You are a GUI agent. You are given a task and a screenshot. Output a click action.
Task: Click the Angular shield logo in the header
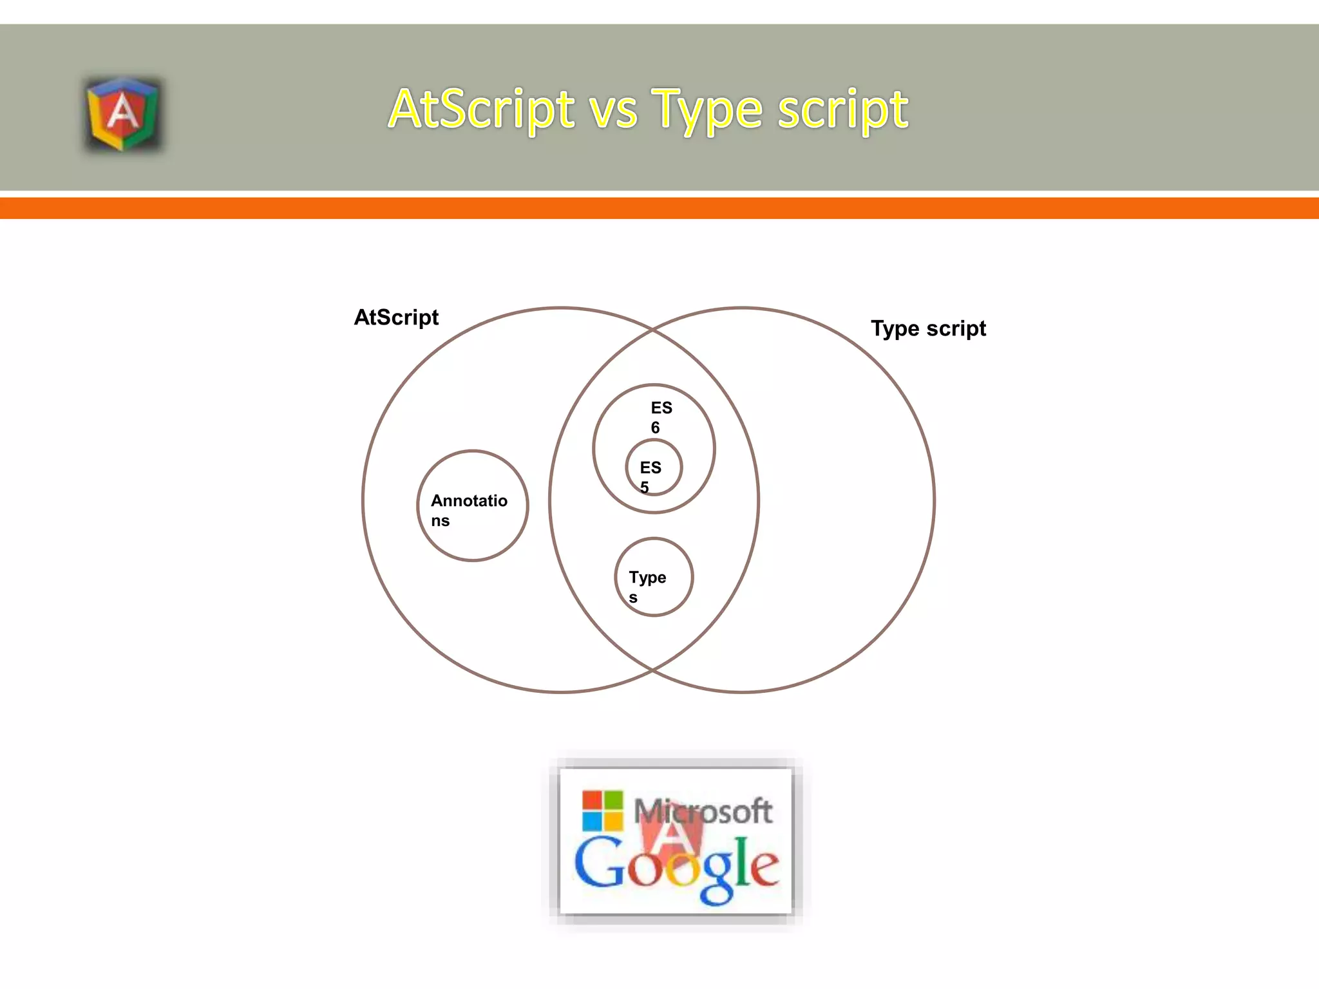[x=122, y=115]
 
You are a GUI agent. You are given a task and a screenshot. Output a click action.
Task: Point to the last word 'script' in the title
[x=843, y=109]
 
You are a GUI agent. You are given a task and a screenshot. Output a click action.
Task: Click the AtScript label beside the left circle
[x=396, y=317]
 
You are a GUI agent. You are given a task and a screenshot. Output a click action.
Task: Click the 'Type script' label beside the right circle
[x=928, y=328]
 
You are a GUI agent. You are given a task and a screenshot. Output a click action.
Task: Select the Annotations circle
[x=473, y=506]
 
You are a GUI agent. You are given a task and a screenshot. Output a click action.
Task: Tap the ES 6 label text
[x=660, y=417]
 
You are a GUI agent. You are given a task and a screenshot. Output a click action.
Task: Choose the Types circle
[x=654, y=577]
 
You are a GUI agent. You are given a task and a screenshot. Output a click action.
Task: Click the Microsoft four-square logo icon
[x=602, y=811]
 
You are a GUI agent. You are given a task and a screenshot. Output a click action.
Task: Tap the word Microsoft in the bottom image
[x=703, y=811]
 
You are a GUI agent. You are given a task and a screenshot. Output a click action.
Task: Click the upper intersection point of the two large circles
[x=652, y=330]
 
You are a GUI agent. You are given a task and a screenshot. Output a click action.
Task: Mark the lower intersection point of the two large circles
[x=652, y=670]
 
